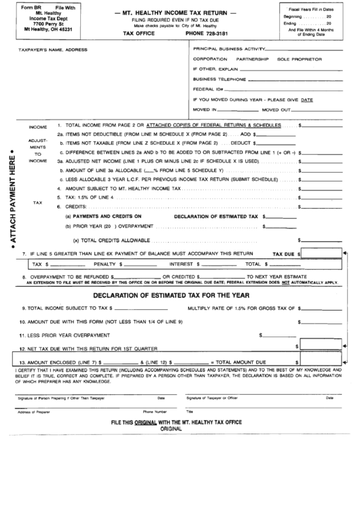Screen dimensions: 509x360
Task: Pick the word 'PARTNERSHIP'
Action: coord(253,59)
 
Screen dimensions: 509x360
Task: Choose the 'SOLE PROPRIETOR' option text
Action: coord(299,59)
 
